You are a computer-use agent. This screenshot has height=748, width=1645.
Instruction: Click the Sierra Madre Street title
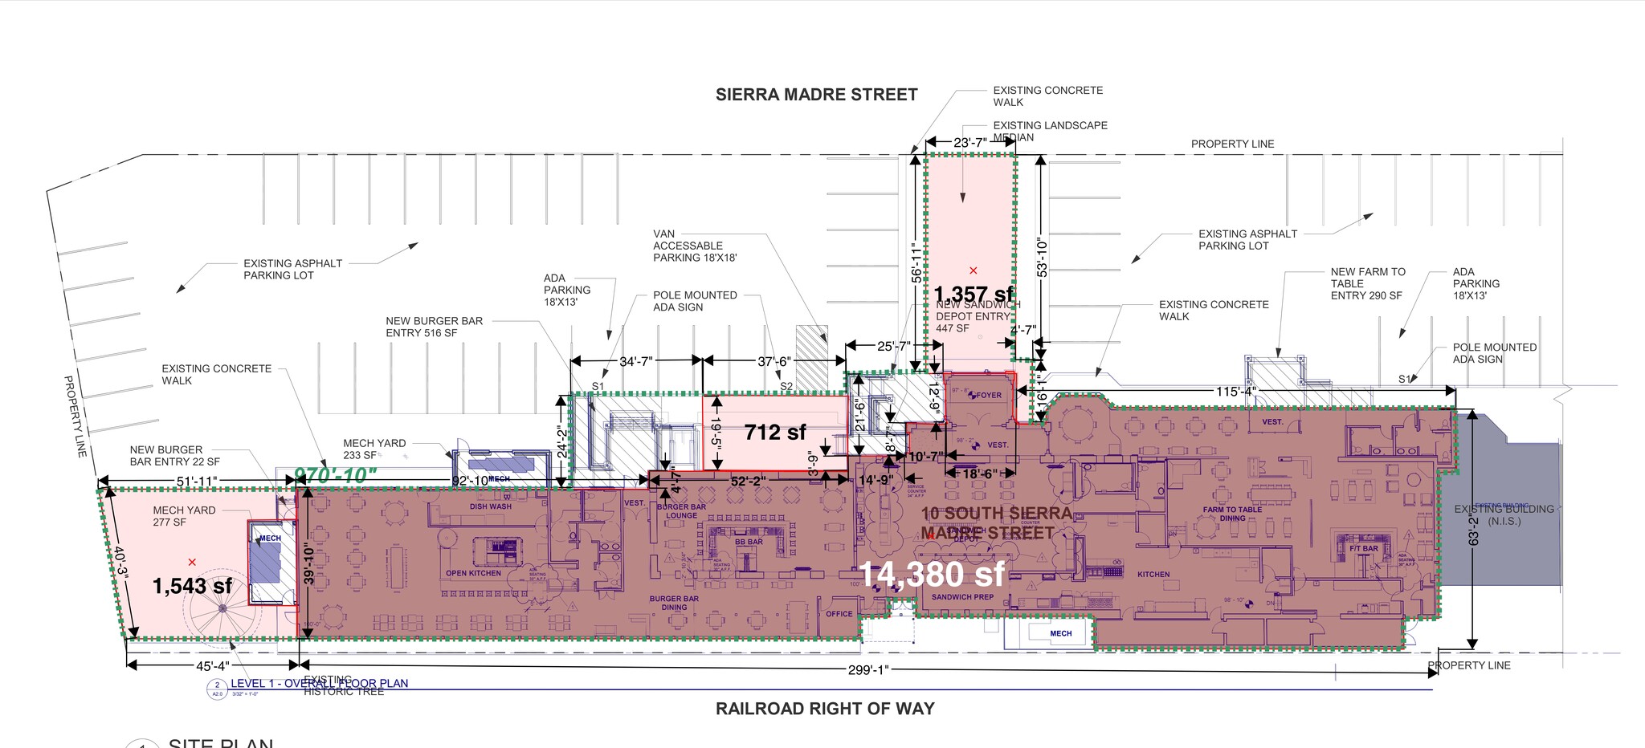coord(816,95)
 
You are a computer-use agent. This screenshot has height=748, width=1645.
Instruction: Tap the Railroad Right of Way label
coord(825,709)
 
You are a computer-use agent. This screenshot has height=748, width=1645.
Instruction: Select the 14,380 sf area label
coord(931,574)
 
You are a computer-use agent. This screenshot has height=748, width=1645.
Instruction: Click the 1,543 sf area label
coord(192,586)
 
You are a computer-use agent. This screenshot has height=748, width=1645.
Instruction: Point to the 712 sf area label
coord(774,432)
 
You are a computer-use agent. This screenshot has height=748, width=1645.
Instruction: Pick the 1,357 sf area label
coord(974,294)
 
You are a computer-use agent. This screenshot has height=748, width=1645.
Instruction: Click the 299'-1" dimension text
coord(868,670)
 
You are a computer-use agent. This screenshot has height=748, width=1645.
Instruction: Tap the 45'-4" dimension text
coord(212,666)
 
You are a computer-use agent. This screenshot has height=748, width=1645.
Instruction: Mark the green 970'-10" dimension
coord(335,475)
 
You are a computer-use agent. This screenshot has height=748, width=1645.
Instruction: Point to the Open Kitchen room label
coord(473,573)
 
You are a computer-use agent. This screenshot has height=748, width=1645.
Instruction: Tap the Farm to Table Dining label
coord(1232,514)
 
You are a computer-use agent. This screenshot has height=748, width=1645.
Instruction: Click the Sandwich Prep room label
coord(962,597)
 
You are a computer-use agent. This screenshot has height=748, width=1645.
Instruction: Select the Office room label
coord(839,614)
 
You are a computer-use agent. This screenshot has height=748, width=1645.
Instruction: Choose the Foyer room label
coord(988,395)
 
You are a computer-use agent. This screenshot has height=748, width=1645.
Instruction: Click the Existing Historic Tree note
coord(343,686)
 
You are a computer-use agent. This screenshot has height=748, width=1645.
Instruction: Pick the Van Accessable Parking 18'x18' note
coord(694,246)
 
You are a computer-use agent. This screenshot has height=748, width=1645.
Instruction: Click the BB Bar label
coord(749,542)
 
